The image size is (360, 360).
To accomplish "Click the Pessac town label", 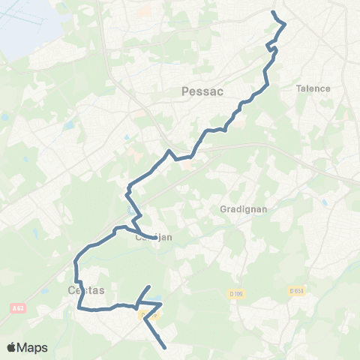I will [199, 91].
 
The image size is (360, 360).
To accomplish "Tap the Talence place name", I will [313, 88].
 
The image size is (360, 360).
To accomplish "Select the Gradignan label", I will [239, 209].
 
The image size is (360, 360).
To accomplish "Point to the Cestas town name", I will [85, 289].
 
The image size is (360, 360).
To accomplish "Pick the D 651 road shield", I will [299, 291].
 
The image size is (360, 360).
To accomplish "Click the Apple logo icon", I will [13, 346].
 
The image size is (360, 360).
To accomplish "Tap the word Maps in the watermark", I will [33, 346].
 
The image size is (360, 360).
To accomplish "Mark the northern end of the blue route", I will [273, 12].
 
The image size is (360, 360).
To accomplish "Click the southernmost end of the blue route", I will [165, 347].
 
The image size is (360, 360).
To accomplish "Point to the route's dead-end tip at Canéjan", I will [156, 238].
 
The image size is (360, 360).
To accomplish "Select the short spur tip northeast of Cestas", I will [149, 286].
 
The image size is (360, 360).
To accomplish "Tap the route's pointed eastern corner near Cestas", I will [160, 303].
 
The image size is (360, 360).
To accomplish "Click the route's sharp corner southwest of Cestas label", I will [79, 307].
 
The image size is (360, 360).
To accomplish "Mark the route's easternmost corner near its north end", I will [286, 25].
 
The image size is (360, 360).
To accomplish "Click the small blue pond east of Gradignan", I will [324, 202].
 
